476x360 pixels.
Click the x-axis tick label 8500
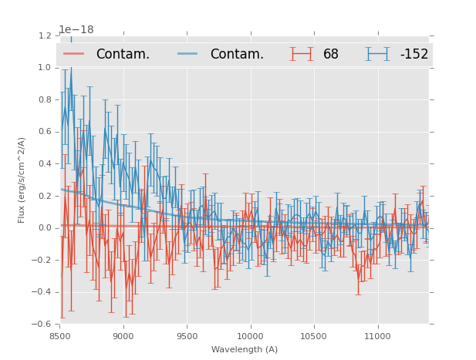[60, 336]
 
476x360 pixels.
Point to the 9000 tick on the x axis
[123, 336]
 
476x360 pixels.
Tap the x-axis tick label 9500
[187, 336]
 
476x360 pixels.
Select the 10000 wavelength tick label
[250, 336]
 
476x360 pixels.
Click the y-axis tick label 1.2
[45, 35]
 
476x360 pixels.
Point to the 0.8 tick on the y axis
[45, 99]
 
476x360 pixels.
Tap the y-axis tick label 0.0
[45, 227]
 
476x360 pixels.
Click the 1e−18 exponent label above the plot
[76, 30]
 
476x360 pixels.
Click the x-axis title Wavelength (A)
[245, 350]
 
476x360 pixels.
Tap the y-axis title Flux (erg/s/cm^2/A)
[22, 180]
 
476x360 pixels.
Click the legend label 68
[331, 54]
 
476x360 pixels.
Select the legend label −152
[414, 54]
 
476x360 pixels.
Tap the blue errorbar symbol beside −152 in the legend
[376, 54]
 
